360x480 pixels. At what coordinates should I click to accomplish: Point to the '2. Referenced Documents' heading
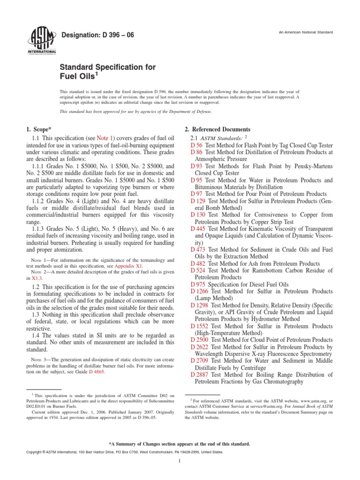216,129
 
